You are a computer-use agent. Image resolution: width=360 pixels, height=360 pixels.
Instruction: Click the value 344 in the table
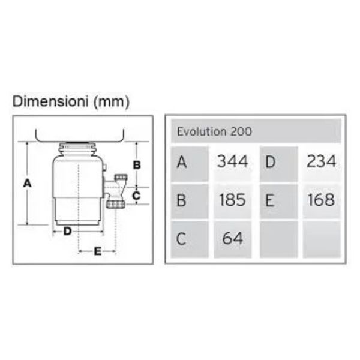click(233, 161)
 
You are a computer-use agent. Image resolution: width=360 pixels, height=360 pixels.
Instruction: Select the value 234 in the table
click(321, 161)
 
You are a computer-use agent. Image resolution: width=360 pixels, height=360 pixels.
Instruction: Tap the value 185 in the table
click(232, 199)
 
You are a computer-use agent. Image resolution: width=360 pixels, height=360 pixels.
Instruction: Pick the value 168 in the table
click(321, 199)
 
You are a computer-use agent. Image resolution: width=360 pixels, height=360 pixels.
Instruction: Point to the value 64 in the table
click(232, 238)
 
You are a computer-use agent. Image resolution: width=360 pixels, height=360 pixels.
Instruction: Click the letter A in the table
click(182, 162)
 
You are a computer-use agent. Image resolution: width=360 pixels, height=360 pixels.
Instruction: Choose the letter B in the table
click(181, 200)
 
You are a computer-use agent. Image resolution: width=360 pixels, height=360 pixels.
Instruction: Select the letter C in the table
click(181, 239)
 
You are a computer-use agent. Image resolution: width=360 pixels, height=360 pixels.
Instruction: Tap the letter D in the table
click(270, 162)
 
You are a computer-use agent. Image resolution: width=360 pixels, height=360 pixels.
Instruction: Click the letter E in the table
click(270, 200)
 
